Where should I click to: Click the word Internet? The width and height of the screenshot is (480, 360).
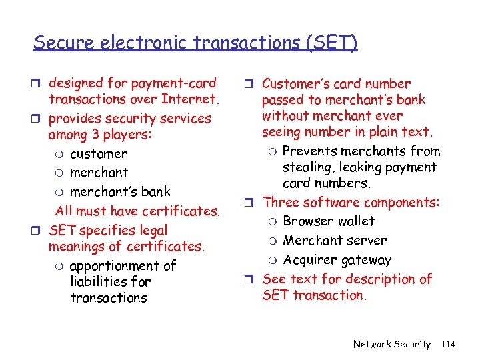(190, 99)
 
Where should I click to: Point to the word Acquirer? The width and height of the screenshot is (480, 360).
(310, 260)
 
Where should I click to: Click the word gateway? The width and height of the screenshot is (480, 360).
(366, 260)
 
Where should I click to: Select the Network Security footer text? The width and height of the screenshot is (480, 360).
(391, 344)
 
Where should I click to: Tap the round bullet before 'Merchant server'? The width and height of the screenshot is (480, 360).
(273, 241)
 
